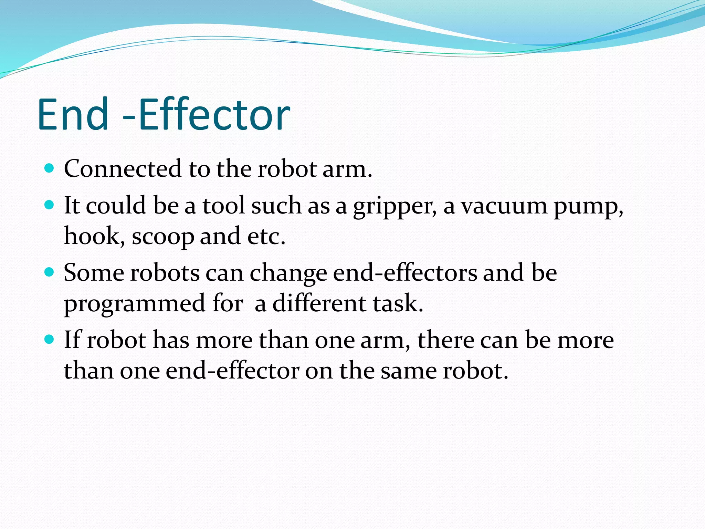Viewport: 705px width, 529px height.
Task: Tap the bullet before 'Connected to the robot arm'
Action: (x=50, y=168)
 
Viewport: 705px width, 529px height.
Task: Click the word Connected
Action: (x=123, y=169)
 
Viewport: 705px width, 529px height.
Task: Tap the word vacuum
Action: (x=504, y=206)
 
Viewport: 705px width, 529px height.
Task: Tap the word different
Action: (x=319, y=303)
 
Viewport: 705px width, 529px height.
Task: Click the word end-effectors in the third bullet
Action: (x=405, y=273)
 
